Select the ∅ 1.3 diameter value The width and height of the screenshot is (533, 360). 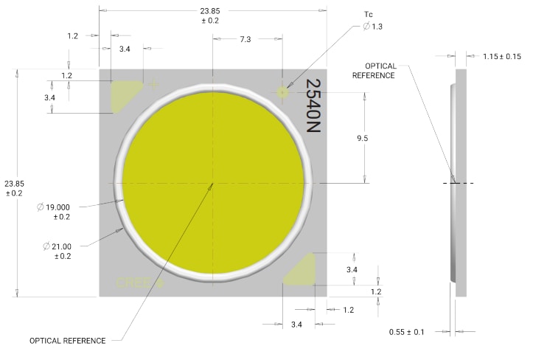pos(373,27)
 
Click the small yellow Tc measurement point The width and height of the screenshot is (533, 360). pos(282,91)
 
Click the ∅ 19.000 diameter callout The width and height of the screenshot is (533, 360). pos(54,212)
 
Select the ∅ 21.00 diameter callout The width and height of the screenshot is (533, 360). pos(59,250)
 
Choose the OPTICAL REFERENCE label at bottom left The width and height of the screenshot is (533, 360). pos(67,341)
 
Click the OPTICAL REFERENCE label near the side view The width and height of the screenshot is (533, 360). pos(373,70)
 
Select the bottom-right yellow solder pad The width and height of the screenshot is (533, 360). pos(302,270)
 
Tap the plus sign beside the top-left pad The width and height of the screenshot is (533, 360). pos(154,84)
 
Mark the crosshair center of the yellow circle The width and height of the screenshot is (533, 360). pos(212,183)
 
